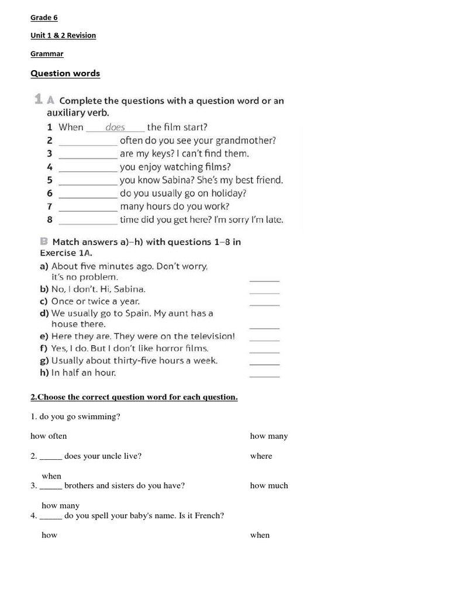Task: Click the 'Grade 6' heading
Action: (x=44, y=18)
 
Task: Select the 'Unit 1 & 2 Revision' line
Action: (x=63, y=36)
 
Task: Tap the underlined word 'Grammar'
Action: (x=47, y=54)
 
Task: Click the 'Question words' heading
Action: (x=65, y=74)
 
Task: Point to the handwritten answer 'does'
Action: (x=115, y=127)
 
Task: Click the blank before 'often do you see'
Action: (x=88, y=141)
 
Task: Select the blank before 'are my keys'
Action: (x=88, y=154)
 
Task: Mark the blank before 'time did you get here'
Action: (x=88, y=221)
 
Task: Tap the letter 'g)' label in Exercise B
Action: (x=44, y=361)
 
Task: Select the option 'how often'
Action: (x=49, y=436)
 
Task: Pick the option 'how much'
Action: (x=269, y=486)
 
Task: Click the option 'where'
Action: (x=261, y=456)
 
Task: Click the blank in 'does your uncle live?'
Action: (x=51, y=457)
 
